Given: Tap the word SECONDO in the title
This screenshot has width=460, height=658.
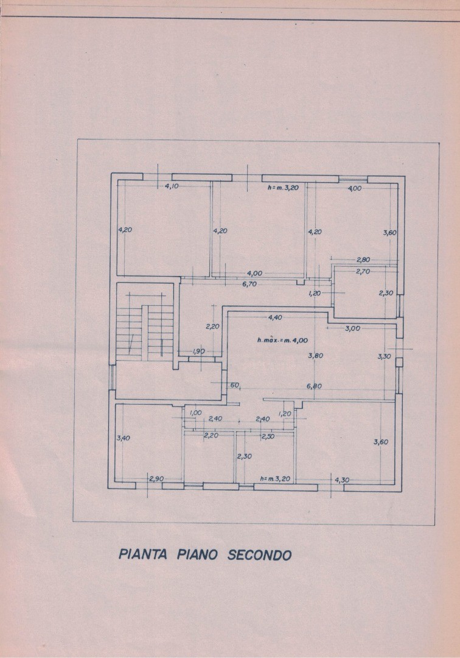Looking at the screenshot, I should click(260, 555).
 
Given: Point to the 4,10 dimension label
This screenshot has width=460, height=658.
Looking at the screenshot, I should click(172, 186).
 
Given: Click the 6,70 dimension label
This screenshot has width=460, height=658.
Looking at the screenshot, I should click(248, 284).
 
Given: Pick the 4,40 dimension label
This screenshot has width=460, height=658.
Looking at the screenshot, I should click(275, 317).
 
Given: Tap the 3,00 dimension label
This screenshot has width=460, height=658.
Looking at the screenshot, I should click(353, 328).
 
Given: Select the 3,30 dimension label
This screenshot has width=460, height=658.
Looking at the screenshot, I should click(385, 356).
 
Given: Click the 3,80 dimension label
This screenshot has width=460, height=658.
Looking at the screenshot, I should click(315, 356).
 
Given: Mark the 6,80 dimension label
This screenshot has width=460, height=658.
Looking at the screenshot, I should click(314, 386).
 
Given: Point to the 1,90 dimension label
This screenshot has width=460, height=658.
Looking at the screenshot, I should click(199, 352).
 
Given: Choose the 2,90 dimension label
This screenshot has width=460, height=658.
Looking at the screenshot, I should click(156, 479).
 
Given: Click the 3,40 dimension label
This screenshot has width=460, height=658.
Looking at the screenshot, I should click(123, 437).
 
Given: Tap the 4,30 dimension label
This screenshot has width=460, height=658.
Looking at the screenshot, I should click(342, 480).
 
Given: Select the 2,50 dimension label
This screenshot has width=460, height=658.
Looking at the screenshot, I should click(268, 436).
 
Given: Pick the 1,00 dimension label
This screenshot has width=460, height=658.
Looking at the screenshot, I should click(196, 412).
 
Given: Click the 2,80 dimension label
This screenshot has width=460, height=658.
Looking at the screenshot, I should click(364, 260).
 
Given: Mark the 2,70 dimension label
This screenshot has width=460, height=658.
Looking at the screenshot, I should click(363, 271).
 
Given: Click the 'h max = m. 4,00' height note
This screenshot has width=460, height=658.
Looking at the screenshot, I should click(282, 339).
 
